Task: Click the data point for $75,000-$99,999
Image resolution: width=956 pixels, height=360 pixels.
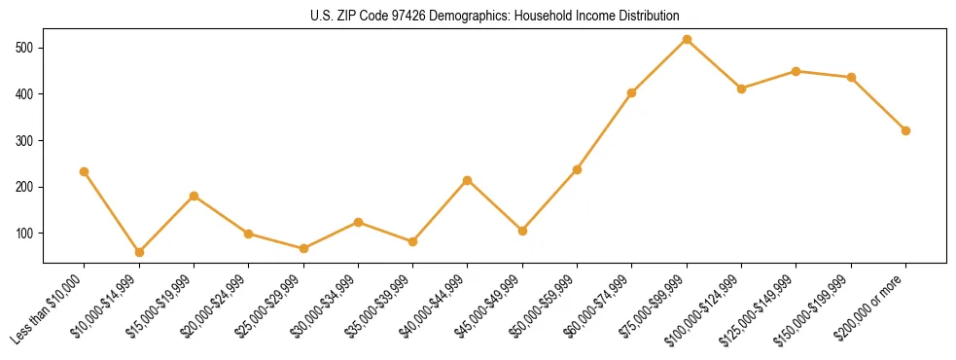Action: tap(687, 39)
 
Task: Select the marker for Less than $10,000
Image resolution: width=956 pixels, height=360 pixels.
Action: tap(84, 171)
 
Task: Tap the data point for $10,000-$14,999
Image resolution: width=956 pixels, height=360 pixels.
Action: tap(139, 252)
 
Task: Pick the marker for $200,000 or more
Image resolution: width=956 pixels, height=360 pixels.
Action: tap(905, 130)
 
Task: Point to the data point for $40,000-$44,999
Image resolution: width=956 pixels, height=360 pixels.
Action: tap(468, 180)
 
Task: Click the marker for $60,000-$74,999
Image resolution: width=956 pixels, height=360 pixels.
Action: tap(632, 92)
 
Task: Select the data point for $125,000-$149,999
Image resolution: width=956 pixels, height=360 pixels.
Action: tap(797, 71)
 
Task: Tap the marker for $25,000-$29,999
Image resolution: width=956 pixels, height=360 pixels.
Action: tap(303, 248)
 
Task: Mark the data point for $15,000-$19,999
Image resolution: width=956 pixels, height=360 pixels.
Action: tap(194, 196)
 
